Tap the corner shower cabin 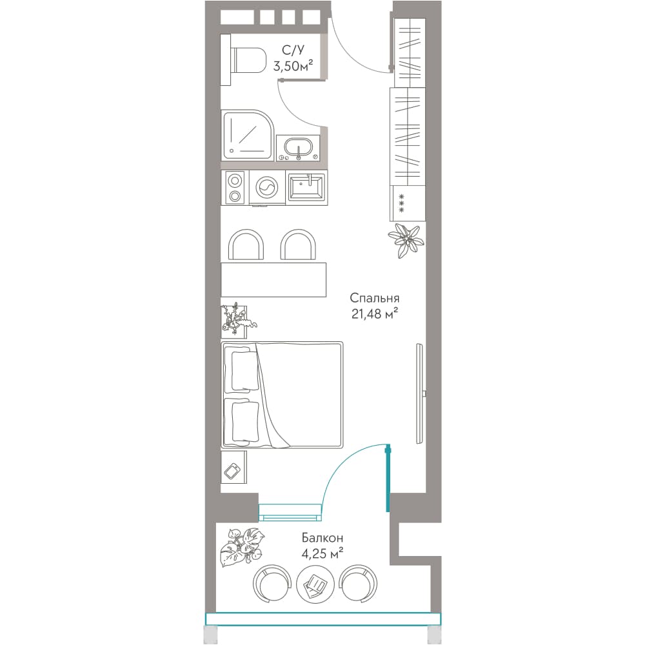(x=247, y=135)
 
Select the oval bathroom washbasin (x=298, y=148)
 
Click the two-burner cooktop (x=235, y=188)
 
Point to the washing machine (x=267, y=188)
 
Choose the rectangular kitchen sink (x=307, y=188)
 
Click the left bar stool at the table (x=246, y=244)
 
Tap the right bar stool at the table (x=298, y=244)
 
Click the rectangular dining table (x=273, y=280)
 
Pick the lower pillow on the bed (x=245, y=421)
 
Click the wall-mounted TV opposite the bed (x=420, y=393)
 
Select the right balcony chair (x=358, y=584)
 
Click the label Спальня (x=374, y=298)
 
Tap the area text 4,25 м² (x=322, y=553)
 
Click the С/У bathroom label (x=293, y=50)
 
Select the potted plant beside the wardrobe (x=406, y=239)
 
